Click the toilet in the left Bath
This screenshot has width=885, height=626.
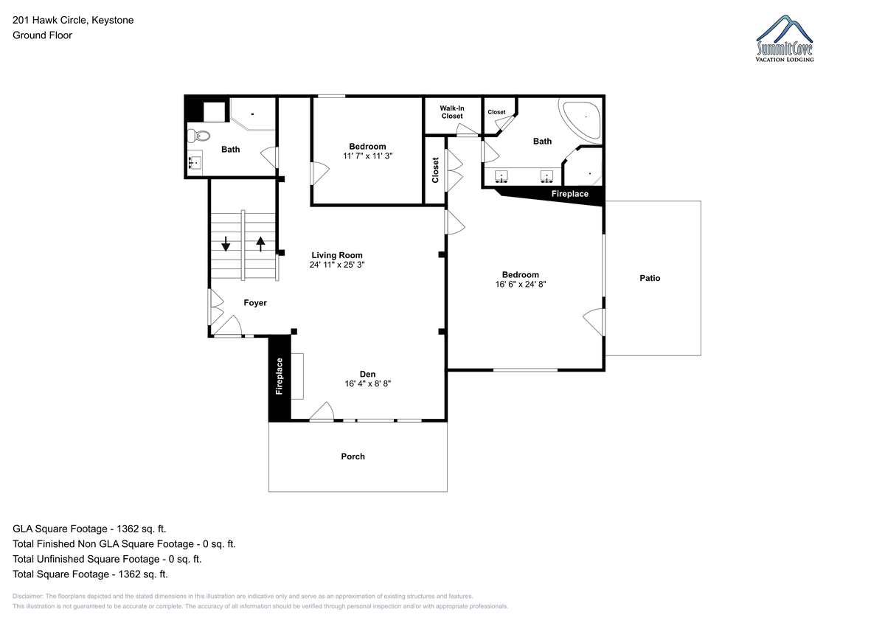click(198, 136)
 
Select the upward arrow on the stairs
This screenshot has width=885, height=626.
click(260, 243)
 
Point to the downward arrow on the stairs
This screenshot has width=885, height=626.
click(226, 243)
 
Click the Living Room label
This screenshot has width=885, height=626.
click(336, 255)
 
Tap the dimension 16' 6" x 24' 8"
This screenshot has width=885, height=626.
click(521, 284)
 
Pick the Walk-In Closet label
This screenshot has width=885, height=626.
click(452, 112)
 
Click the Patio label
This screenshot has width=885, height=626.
click(650, 278)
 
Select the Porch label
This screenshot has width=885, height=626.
click(353, 456)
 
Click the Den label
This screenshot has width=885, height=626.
click(367, 374)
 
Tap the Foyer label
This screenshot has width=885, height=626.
click(255, 302)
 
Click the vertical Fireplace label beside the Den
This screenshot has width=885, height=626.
click(280, 376)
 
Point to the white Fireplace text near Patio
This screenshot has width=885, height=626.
click(569, 194)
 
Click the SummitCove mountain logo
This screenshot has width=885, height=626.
click(785, 38)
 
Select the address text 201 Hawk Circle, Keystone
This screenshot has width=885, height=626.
click(73, 20)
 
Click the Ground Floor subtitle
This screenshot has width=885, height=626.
click(42, 35)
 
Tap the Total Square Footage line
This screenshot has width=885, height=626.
click(90, 574)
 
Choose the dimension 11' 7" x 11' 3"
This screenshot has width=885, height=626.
click(367, 156)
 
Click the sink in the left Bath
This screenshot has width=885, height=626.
click(195, 162)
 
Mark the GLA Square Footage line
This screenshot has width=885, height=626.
click(89, 529)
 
